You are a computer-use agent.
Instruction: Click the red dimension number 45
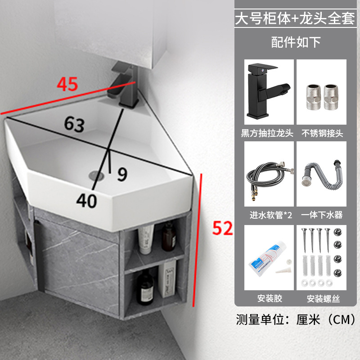pos(67,84)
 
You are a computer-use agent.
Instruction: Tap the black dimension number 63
pos(74,124)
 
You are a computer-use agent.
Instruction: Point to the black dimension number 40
pos(86,201)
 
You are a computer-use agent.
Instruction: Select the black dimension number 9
pos(122,174)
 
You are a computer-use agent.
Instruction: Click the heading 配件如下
pos(296,42)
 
